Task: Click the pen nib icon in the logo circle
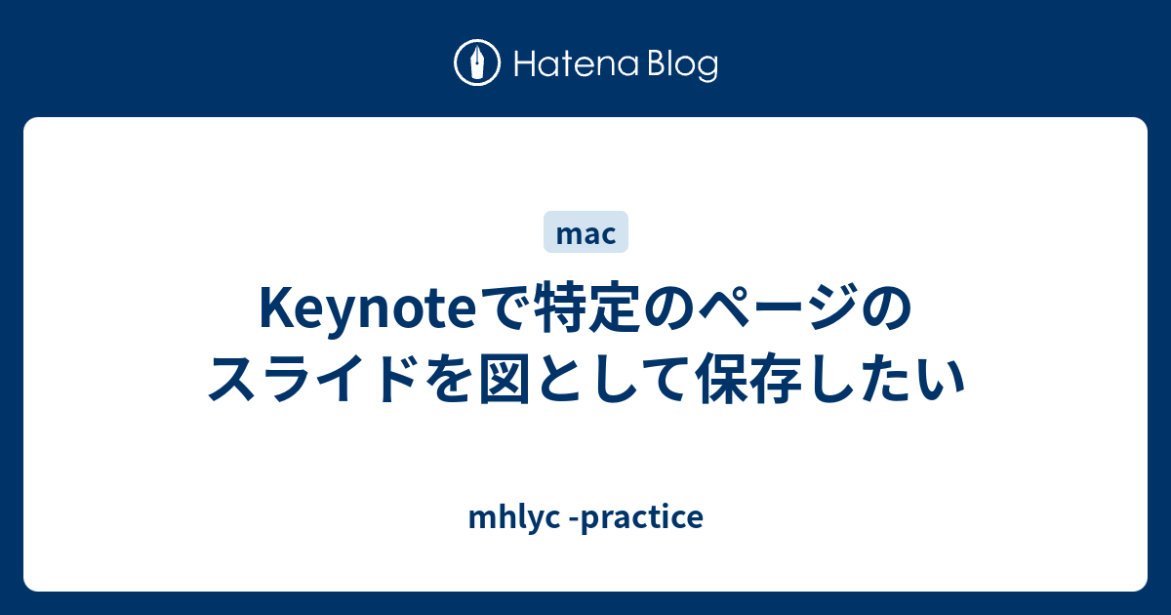point(477,62)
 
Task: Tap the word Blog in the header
point(683,66)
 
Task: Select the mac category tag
point(585,232)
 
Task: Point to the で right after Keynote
point(504,309)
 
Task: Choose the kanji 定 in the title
point(613,308)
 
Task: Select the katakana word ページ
point(777,308)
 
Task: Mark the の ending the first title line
point(887,309)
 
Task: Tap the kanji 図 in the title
point(505,379)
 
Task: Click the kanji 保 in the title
point(724,379)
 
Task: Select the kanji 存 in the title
point(779,379)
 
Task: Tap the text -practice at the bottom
point(635,518)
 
